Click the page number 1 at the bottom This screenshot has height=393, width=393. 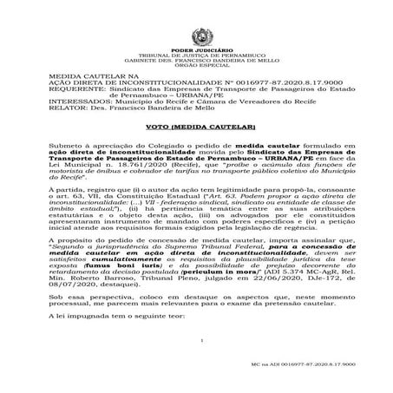click(x=199, y=364)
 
